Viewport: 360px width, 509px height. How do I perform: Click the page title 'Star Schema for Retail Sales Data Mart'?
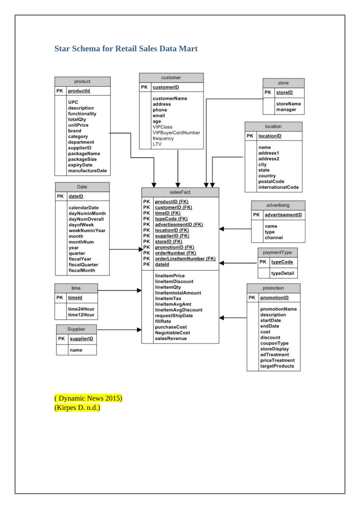(x=126, y=49)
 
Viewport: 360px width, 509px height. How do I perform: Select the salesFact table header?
(x=180, y=192)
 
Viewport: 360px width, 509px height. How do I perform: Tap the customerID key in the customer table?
(x=166, y=87)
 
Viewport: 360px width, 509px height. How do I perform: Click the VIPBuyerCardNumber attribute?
(x=176, y=133)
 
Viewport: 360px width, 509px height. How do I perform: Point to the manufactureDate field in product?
(x=87, y=171)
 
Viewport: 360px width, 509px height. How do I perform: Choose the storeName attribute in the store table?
(x=288, y=104)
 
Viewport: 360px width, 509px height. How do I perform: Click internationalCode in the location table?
(x=278, y=187)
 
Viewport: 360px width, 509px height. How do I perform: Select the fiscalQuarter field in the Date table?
(x=83, y=265)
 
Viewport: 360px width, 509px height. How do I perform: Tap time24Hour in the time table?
(x=81, y=309)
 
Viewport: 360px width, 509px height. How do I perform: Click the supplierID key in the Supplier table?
(x=81, y=339)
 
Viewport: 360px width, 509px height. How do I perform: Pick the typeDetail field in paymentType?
(x=282, y=273)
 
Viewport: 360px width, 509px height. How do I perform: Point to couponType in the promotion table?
(x=274, y=343)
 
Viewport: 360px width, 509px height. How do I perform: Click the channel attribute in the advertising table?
(x=274, y=238)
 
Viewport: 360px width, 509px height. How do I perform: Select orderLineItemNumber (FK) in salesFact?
(x=185, y=259)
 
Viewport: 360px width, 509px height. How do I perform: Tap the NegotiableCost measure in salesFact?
(x=172, y=333)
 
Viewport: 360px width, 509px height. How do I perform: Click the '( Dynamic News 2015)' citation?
(x=88, y=398)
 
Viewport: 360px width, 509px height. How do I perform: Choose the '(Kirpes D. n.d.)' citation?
(x=77, y=408)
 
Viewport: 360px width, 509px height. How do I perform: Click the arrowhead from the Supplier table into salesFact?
(x=140, y=330)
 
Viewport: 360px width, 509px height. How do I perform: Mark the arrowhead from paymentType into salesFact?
(x=221, y=263)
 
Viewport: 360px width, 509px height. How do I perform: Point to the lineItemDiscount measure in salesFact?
(x=174, y=282)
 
